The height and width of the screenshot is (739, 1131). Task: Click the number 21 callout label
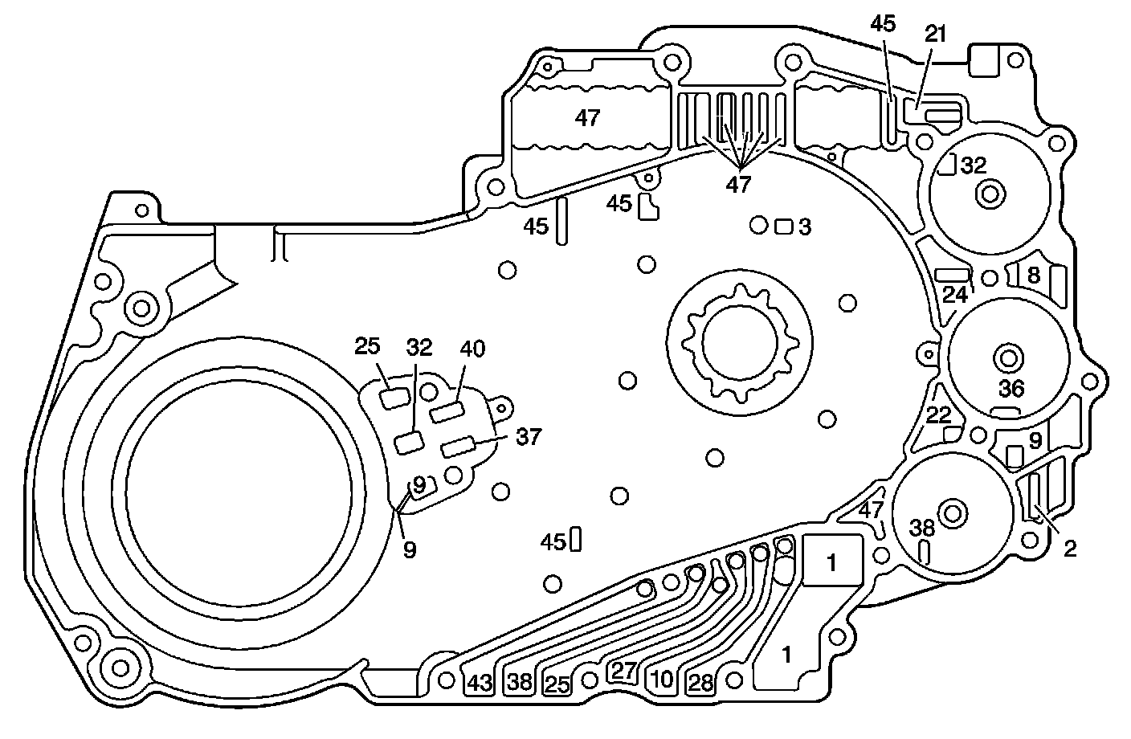pos(936,34)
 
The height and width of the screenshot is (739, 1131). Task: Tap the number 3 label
pos(805,227)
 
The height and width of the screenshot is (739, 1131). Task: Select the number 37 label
pos(529,437)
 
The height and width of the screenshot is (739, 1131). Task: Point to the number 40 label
pos(473,349)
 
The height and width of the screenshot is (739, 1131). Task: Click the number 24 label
pos(954,295)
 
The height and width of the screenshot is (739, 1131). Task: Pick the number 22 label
pos(938,415)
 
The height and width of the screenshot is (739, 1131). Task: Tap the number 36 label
pos(1011,389)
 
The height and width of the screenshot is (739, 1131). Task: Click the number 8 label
pos(1034,276)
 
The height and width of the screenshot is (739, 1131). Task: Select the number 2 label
pos(1069,549)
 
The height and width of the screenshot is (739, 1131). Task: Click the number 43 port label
pos(479,683)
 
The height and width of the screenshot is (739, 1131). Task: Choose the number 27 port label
pos(624,672)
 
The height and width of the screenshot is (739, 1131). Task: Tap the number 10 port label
pos(662,680)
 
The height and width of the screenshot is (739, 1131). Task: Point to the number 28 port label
pos(701,683)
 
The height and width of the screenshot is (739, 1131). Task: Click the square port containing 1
pos(832,563)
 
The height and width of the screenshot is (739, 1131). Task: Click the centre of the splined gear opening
pos(739,341)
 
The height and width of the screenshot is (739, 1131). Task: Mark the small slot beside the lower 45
pos(575,540)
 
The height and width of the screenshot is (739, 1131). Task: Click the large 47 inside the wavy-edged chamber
pos(587,118)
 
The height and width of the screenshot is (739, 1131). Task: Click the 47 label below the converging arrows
pos(738,184)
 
